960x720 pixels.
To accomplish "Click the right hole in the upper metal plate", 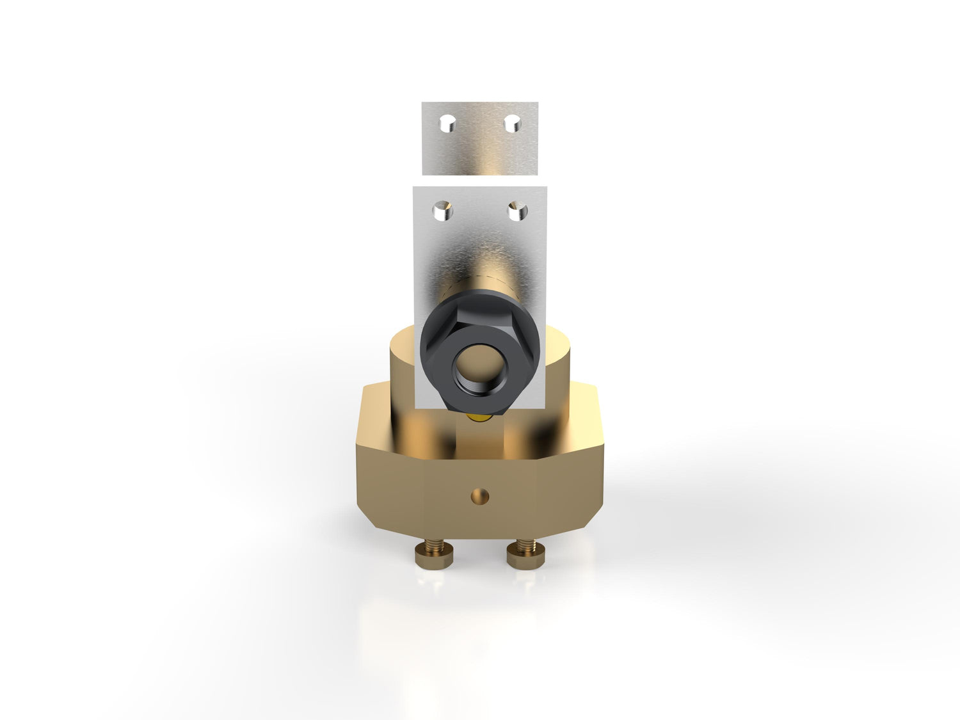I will pyautogui.click(x=512, y=123).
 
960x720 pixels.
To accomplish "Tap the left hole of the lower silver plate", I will pyautogui.click(x=443, y=211).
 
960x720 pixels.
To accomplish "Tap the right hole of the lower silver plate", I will pyautogui.click(x=517, y=211).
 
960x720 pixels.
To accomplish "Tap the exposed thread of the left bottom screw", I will pyautogui.click(x=435, y=545).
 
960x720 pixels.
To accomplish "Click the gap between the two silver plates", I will pyautogui.click(x=480, y=180).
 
